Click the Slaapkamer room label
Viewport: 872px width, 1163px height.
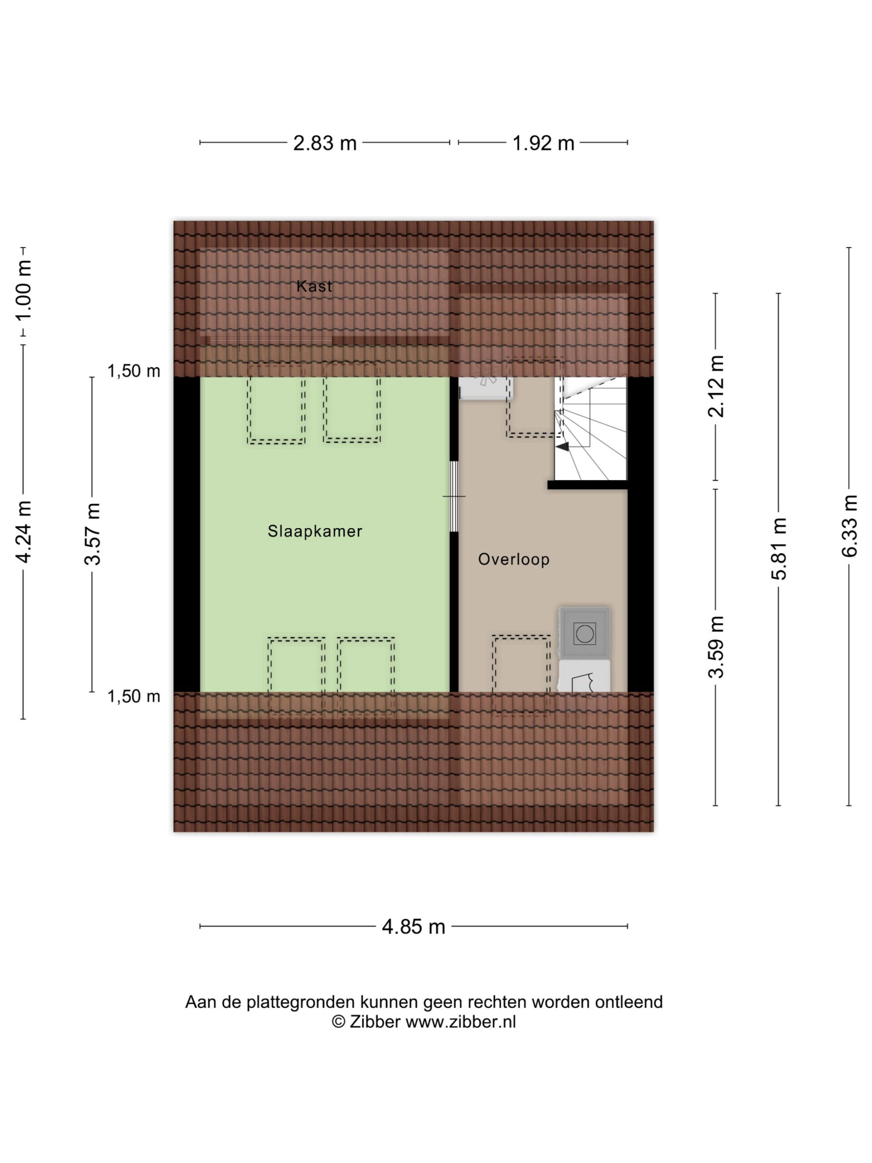[x=315, y=531]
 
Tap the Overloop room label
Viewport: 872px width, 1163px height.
[x=514, y=559]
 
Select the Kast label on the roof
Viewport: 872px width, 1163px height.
[x=314, y=286]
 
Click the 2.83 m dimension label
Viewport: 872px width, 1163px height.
[x=325, y=143]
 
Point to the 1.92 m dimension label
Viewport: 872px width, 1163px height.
[x=544, y=143]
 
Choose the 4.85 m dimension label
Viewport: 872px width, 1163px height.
[x=414, y=926]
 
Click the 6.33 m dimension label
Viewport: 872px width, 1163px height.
[x=849, y=526]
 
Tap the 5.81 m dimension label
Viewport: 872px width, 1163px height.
[x=779, y=548]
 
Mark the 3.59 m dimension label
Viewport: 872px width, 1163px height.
[x=716, y=647]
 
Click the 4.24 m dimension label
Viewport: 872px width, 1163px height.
[x=24, y=532]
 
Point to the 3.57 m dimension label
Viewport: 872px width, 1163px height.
[x=93, y=534]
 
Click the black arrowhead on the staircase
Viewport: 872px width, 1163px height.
[x=562, y=447]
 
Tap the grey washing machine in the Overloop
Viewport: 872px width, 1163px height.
[x=585, y=633]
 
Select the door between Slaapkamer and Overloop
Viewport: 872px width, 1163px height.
[x=454, y=497]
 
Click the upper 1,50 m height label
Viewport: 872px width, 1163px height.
[x=134, y=371]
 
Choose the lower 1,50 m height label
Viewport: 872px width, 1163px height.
[x=134, y=696]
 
